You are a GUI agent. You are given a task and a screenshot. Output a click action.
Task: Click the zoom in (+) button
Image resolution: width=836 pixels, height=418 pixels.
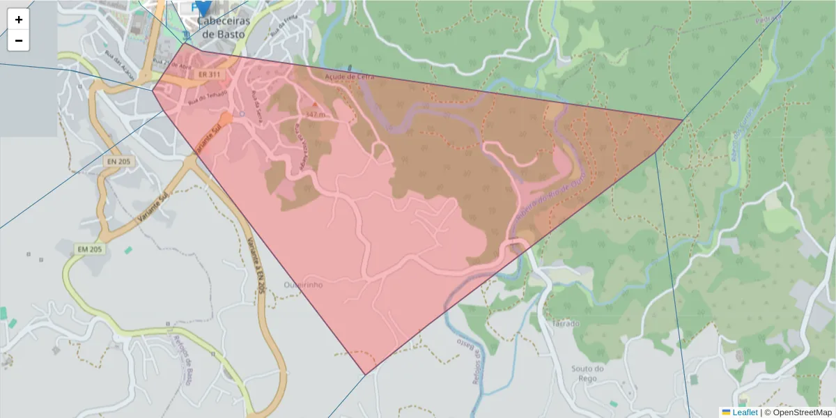coord(19,20)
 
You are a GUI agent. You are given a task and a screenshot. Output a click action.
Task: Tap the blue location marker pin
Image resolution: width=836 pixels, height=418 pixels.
coord(203,7)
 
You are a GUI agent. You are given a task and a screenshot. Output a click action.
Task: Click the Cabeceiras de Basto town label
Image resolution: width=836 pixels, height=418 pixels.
coord(224,26)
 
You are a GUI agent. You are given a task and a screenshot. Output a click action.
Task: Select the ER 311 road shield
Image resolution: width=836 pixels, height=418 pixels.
coord(208,74)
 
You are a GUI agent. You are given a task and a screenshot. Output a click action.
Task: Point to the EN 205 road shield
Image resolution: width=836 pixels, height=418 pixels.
coord(120,162)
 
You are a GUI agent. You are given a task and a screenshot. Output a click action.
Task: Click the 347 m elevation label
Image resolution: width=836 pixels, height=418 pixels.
coord(314,113)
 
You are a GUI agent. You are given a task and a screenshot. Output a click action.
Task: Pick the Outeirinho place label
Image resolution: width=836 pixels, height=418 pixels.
coord(304,285)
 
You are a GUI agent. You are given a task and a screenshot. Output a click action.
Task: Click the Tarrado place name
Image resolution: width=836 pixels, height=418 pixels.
coord(565,324)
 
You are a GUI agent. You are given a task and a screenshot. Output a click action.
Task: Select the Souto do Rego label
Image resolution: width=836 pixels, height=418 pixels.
coord(587,373)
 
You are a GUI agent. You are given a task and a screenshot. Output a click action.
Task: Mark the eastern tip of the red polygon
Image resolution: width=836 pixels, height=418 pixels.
coord(682,120)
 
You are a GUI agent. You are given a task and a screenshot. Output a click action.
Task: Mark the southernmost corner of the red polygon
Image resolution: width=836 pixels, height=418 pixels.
coord(365,375)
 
